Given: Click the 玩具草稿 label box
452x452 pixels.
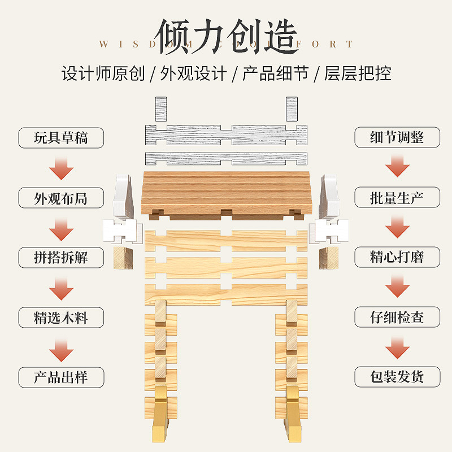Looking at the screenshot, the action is point(61,138).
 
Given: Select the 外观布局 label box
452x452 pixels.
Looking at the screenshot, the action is point(61,198).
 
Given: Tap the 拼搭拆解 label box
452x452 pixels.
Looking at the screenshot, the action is point(61,257).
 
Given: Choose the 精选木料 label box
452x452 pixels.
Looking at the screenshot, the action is point(61,317).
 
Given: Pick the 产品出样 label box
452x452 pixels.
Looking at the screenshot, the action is point(61,377).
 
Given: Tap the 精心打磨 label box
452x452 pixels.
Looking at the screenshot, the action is point(397,257).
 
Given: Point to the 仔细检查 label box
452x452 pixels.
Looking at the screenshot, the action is point(397,317).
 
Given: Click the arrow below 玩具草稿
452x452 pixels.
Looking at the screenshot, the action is point(61,168).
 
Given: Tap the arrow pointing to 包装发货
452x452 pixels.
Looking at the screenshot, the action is point(397,347).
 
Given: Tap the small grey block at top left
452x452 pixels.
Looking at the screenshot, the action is point(161,108).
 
